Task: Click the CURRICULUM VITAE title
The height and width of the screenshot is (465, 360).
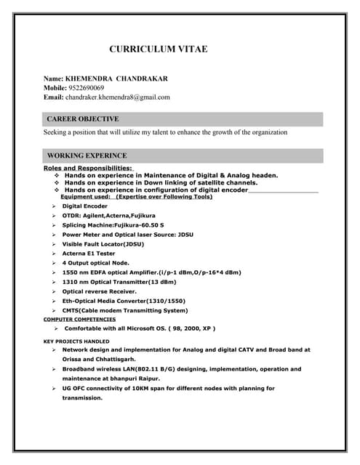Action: tap(158, 49)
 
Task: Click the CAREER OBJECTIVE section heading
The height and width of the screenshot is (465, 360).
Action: tap(83, 118)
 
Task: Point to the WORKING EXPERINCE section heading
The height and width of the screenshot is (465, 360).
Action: tap(87, 155)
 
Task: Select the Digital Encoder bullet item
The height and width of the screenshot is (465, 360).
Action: tap(84, 206)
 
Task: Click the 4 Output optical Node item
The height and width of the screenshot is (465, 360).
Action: tap(95, 263)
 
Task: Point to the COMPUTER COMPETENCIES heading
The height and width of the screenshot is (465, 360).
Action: tap(79, 320)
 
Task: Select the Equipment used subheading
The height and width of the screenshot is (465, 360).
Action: tap(136, 197)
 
